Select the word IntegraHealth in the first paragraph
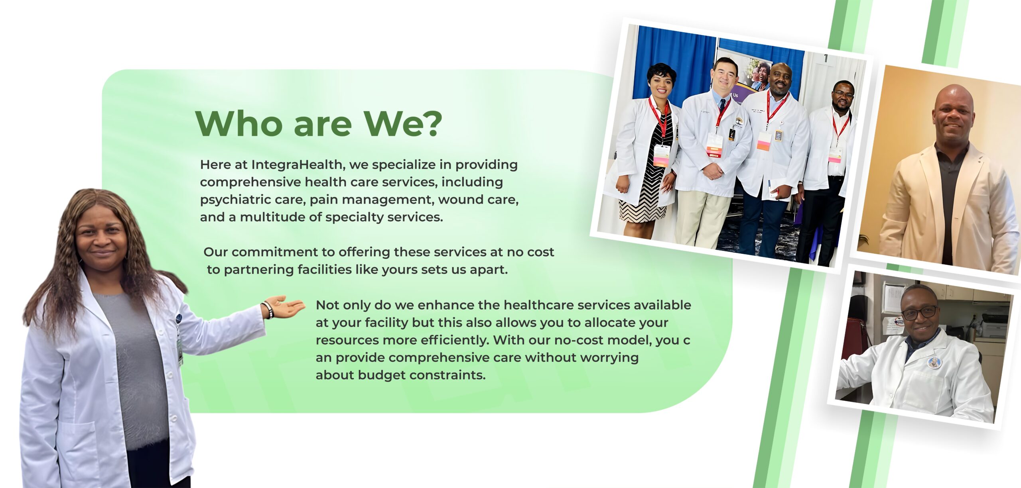coord(296,165)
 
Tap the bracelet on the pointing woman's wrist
coord(267,310)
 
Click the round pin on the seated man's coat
coord(934,363)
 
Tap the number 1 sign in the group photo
coord(826,59)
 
